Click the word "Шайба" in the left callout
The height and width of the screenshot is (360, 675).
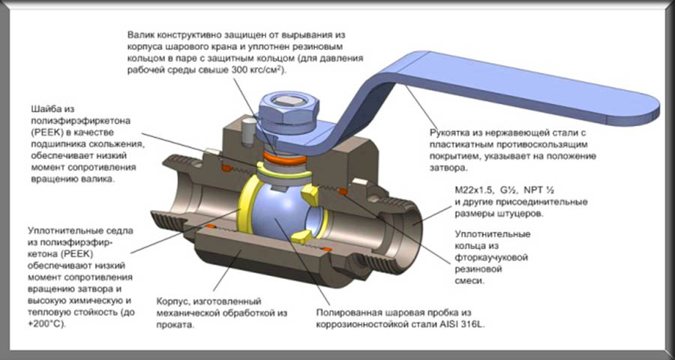45,106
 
